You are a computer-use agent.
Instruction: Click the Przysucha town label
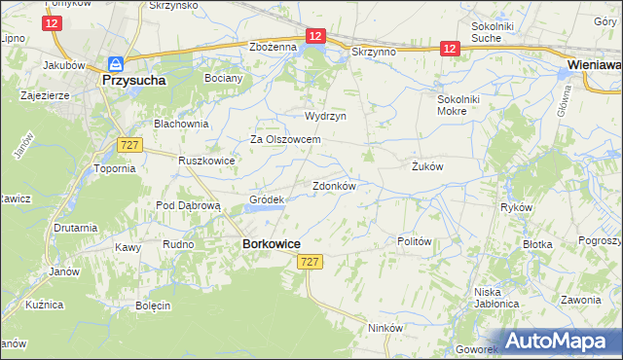point(132,83)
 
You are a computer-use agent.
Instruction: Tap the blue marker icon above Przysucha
point(115,63)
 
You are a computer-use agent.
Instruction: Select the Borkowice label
point(270,244)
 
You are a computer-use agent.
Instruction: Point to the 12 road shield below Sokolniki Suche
point(449,48)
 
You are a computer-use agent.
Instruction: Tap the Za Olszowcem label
point(286,139)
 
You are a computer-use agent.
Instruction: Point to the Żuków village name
point(426,166)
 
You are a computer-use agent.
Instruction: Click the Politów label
point(415,241)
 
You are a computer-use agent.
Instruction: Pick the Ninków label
point(385,328)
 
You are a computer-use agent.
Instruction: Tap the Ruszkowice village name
point(207,160)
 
